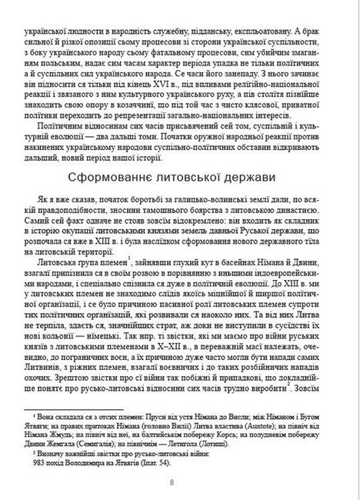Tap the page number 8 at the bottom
pos(180,482)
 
